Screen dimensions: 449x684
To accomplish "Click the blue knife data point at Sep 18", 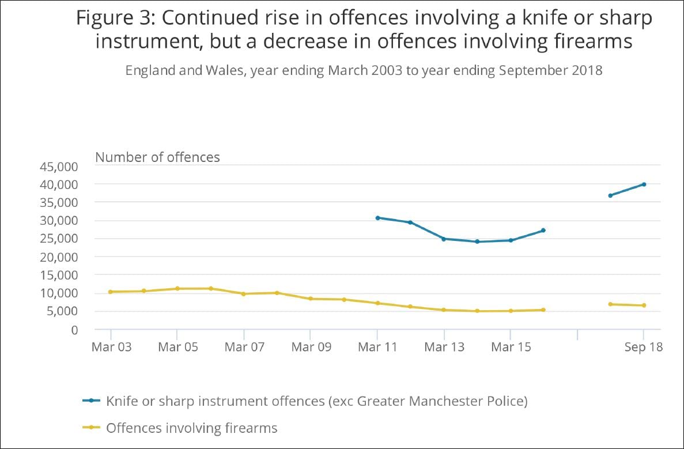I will [x=644, y=184].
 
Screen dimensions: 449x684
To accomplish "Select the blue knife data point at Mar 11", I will [x=377, y=218].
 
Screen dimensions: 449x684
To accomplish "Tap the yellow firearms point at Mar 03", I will [x=110, y=292].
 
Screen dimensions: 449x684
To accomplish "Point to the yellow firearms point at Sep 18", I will [x=644, y=305].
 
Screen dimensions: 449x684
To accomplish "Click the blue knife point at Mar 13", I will [x=444, y=239].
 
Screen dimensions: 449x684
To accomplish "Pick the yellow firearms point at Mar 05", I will [x=177, y=288].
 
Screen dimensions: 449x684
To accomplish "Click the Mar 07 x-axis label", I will [x=244, y=348].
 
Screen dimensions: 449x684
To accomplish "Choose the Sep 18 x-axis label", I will [x=644, y=348].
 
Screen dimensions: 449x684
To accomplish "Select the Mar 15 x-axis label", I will [x=510, y=348].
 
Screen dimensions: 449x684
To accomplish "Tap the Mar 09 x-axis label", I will [x=311, y=348].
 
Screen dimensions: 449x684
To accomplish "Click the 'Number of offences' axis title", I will [x=157, y=157].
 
